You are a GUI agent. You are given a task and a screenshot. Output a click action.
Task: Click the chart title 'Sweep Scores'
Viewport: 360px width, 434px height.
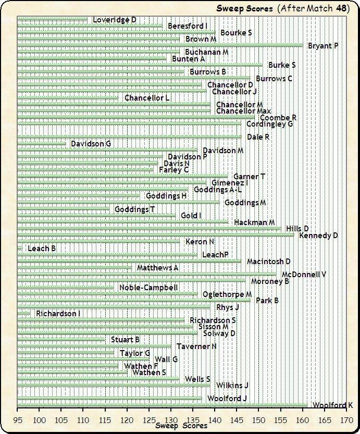(245, 8)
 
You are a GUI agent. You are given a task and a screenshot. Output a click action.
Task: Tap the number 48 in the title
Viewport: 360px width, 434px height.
(342, 8)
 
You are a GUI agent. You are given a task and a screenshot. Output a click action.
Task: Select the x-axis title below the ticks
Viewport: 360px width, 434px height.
(181, 426)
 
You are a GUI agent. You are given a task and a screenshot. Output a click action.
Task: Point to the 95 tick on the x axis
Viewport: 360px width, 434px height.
(17, 419)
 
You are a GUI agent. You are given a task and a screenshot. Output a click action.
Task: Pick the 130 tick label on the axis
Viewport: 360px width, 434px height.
(170, 419)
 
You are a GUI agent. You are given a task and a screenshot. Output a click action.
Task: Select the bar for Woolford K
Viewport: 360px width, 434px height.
(163, 405)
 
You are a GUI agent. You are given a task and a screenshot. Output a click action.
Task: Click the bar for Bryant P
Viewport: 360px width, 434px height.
(159, 46)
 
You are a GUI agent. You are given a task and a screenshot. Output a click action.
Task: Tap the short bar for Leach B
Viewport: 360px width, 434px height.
(20, 249)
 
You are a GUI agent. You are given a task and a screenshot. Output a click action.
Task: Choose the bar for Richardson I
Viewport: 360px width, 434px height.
(24, 314)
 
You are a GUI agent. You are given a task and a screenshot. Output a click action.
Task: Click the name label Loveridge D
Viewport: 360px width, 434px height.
(115, 20)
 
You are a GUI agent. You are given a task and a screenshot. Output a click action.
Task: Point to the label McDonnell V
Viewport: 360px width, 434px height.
(304, 275)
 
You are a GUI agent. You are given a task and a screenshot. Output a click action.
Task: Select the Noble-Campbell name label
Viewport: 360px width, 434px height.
(148, 288)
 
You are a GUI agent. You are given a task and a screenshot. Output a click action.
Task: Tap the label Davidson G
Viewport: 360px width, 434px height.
(91, 144)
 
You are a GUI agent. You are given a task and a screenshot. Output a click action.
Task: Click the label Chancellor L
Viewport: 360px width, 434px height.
(147, 98)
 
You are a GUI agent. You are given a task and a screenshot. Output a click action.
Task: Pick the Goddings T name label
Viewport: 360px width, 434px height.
(134, 209)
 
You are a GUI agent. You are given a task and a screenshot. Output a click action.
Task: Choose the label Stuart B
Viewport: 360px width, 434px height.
(125, 340)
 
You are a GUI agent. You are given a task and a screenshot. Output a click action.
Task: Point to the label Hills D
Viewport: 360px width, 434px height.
(297, 229)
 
